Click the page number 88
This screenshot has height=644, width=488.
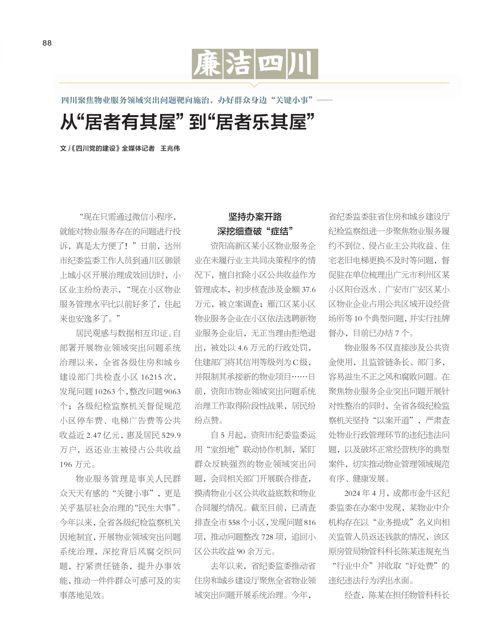(x=47, y=43)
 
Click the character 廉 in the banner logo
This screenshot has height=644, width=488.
(x=207, y=64)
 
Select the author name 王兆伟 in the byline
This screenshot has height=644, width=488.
(x=170, y=148)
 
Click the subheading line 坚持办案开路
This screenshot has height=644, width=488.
(x=255, y=217)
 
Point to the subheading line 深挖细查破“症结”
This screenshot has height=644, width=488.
(x=255, y=231)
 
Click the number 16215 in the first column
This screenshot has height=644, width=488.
(x=152, y=377)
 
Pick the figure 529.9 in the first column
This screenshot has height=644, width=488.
(x=171, y=435)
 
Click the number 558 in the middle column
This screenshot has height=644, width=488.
(x=234, y=522)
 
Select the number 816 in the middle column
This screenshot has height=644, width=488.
(x=310, y=522)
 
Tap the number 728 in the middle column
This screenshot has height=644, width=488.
(x=267, y=537)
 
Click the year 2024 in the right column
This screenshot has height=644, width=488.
(x=352, y=493)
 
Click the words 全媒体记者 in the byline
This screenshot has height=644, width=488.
(x=138, y=148)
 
